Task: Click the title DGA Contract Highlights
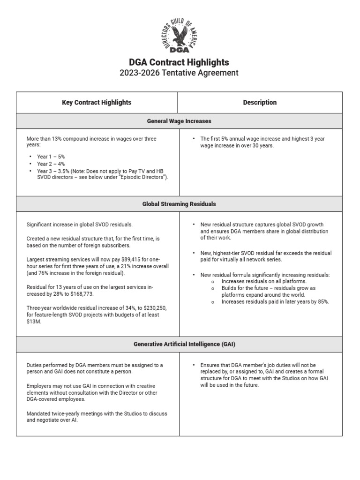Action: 180,62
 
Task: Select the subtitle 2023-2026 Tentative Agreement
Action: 180,73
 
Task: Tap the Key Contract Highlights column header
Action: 97,102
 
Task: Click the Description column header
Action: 260,102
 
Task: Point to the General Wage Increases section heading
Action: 180,121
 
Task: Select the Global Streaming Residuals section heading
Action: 180,204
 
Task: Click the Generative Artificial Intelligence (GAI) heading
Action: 180,344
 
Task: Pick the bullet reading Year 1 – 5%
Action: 52,156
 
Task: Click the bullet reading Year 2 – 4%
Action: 52,164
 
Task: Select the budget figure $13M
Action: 34,322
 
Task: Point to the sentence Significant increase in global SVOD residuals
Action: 80,225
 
